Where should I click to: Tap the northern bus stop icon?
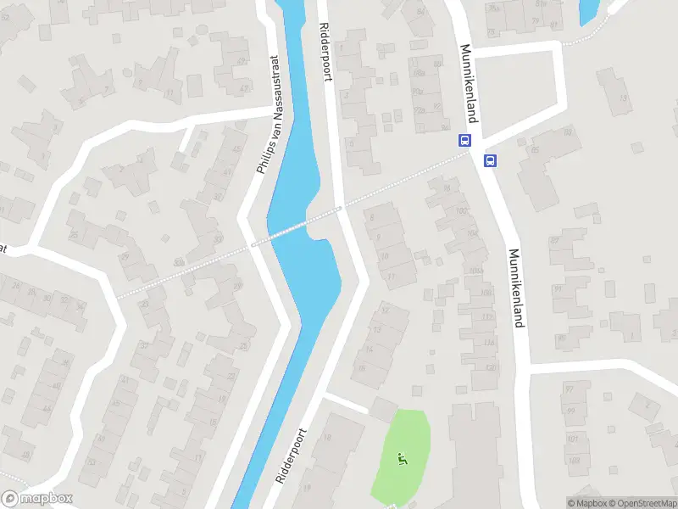464,142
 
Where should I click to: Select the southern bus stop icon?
490,160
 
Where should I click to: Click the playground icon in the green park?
402,460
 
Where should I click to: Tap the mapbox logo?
36,499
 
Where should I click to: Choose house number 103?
573,461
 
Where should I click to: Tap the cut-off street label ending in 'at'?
3,249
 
